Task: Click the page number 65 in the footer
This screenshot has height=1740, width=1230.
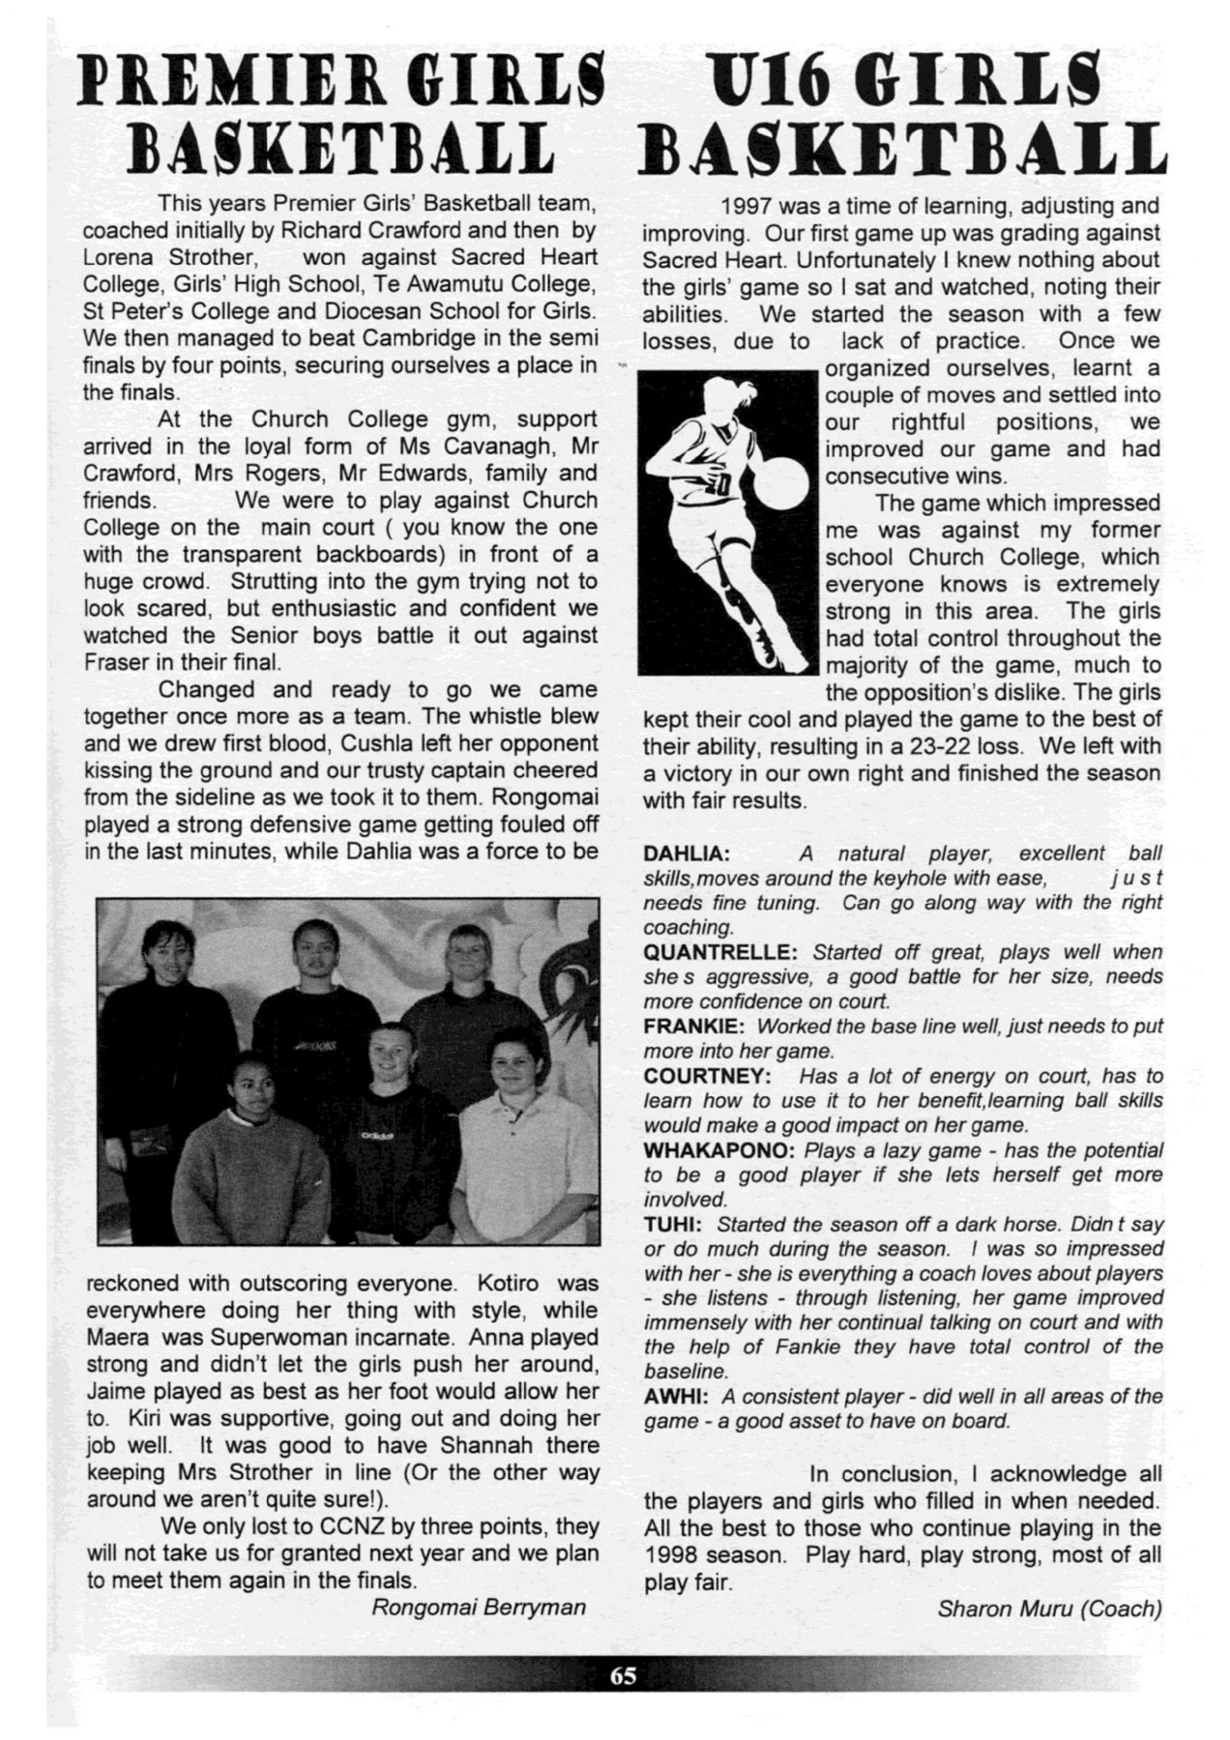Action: tap(623, 1675)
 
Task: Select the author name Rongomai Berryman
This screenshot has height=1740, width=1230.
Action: tap(479, 1607)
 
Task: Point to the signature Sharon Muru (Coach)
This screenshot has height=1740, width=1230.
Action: tap(1049, 1609)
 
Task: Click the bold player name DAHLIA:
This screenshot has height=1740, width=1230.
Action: tap(687, 854)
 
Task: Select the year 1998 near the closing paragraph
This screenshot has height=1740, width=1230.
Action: tap(673, 1555)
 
